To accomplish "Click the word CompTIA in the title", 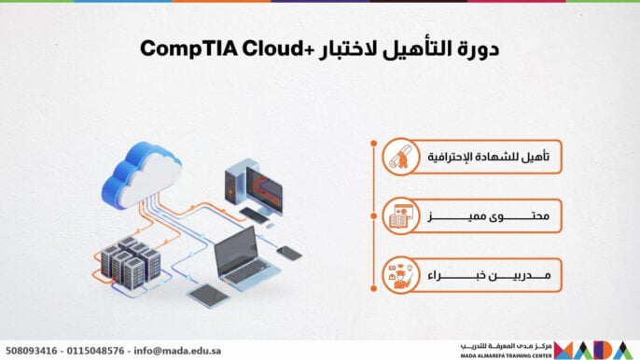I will click(x=176, y=48).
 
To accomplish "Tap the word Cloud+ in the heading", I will click(x=251, y=48).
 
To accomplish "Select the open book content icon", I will click(x=398, y=218).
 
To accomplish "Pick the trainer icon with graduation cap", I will click(x=398, y=277).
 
